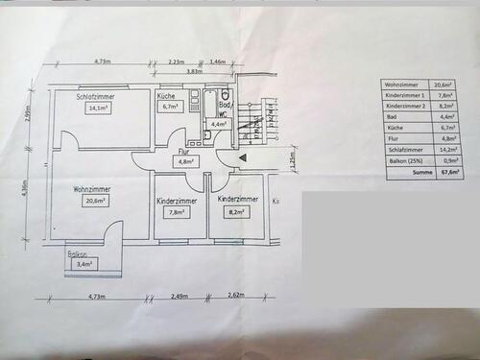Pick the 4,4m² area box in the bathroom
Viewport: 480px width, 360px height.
[x=219, y=124]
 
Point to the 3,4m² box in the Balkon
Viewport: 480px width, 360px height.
[x=84, y=264]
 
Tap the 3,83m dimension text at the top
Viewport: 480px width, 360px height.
[x=195, y=71]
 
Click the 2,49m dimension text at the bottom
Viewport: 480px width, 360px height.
[x=180, y=298]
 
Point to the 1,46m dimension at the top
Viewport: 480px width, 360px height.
[x=217, y=60]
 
